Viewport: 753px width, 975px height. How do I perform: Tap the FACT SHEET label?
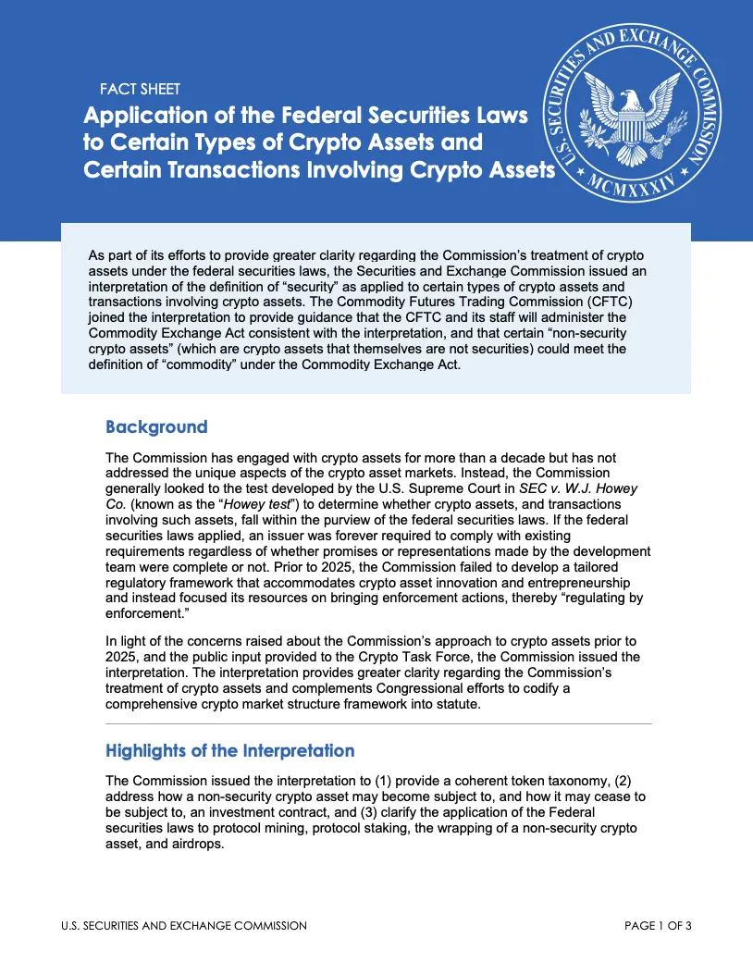pyautogui.click(x=139, y=90)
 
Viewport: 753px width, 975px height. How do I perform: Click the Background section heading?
pyautogui.click(x=156, y=427)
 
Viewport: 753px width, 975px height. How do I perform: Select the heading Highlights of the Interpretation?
pyautogui.click(x=229, y=750)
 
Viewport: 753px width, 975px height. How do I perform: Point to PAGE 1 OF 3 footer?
pyautogui.click(x=658, y=926)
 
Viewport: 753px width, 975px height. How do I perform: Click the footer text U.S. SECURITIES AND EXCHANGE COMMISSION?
pyautogui.click(x=183, y=926)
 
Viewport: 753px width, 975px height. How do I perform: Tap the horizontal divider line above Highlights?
pyautogui.click(x=378, y=723)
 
